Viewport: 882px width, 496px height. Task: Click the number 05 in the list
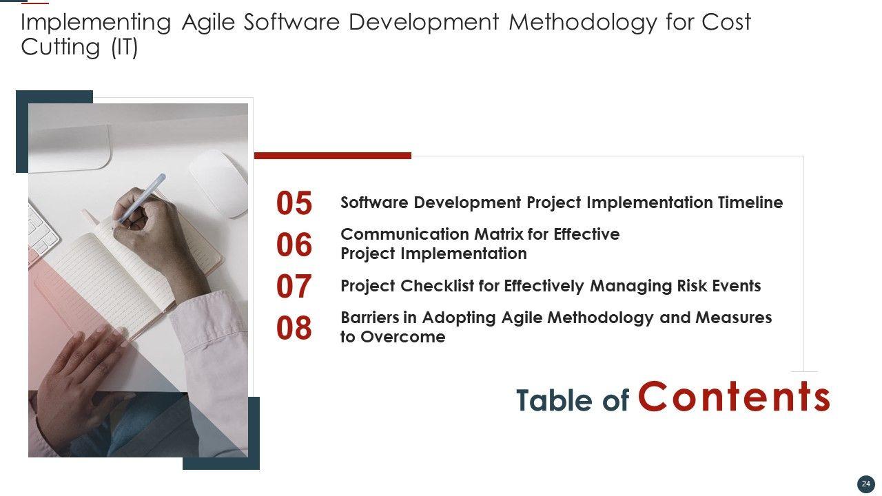(294, 203)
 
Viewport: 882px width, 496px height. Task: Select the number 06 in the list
(294, 245)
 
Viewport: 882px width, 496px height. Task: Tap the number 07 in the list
(294, 286)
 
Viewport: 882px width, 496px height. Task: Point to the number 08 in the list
(294, 328)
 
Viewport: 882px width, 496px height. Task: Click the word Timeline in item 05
(750, 203)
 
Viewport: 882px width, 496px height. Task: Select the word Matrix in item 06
(499, 234)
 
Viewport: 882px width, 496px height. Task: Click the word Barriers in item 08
(370, 318)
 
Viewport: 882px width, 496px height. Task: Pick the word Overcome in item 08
(403, 337)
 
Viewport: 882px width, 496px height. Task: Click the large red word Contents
(734, 396)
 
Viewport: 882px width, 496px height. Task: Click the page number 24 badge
(866, 484)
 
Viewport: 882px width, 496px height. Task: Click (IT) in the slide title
(125, 48)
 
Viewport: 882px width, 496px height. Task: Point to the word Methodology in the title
(583, 22)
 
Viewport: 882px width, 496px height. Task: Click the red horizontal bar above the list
(333, 156)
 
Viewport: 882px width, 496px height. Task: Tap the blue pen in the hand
(141, 199)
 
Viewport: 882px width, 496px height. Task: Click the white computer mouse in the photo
(219, 183)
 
